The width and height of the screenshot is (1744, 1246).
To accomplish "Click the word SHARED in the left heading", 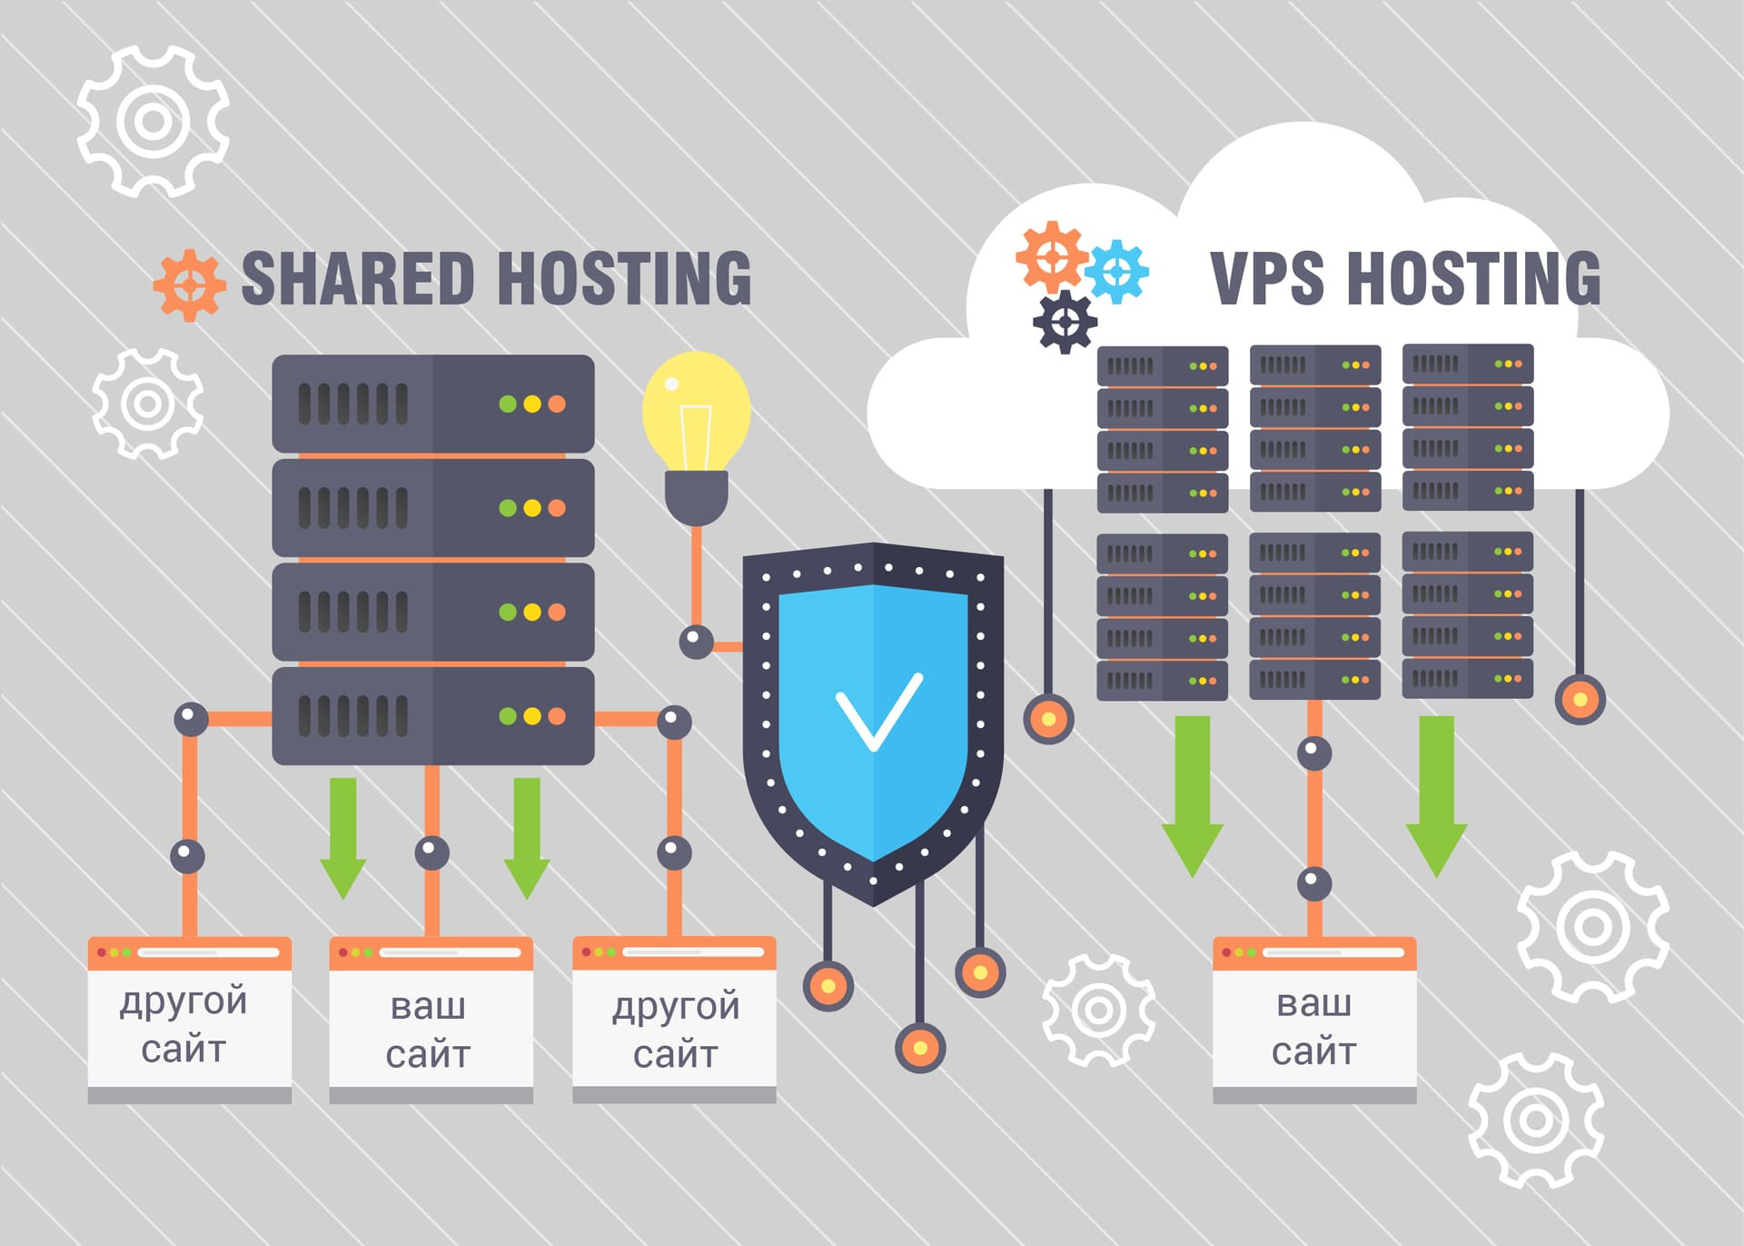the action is pyautogui.click(x=358, y=278).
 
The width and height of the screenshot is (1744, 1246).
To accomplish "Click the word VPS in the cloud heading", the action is pyautogui.click(x=1267, y=278).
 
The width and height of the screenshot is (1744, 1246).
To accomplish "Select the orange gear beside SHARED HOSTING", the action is pyautogui.click(x=189, y=285).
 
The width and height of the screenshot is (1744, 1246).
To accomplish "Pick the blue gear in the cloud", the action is pyautogui.click(x=1117, y=271).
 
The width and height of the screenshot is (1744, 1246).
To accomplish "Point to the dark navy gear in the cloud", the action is pyautogui.click(x=1065, y=322).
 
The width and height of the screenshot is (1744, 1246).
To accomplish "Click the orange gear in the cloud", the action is pyautogui.click(x=1052, y=257).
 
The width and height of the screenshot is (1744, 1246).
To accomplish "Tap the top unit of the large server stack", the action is pyautogui.click(x=433, y=404).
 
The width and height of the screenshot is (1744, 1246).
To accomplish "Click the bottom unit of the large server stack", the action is pyautogui.click(x=433, y=716).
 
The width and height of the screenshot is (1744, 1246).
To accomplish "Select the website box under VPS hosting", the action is pyautogui.click(x=1314, y=1020).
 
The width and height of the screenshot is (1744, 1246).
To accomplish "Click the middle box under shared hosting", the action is pyautogui.click(x=431, y=1020).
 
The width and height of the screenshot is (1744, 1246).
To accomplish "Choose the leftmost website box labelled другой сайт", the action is pyautogui.click(x=189, y=1020).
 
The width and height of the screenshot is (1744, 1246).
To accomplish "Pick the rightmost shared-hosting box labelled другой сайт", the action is pyautogui.click(x=674, y=1020).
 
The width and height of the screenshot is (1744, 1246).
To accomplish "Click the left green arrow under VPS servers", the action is pyautogui.click(x=1193, y=797).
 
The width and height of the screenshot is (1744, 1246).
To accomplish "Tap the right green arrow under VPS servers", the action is pyautogui.click(x=1436, y=797).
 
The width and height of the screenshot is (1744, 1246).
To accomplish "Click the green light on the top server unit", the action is pyautogui.click(x=508, y=404).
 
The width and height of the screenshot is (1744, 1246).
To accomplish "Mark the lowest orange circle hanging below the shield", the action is pyautogui.click(x=920, y=1048).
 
